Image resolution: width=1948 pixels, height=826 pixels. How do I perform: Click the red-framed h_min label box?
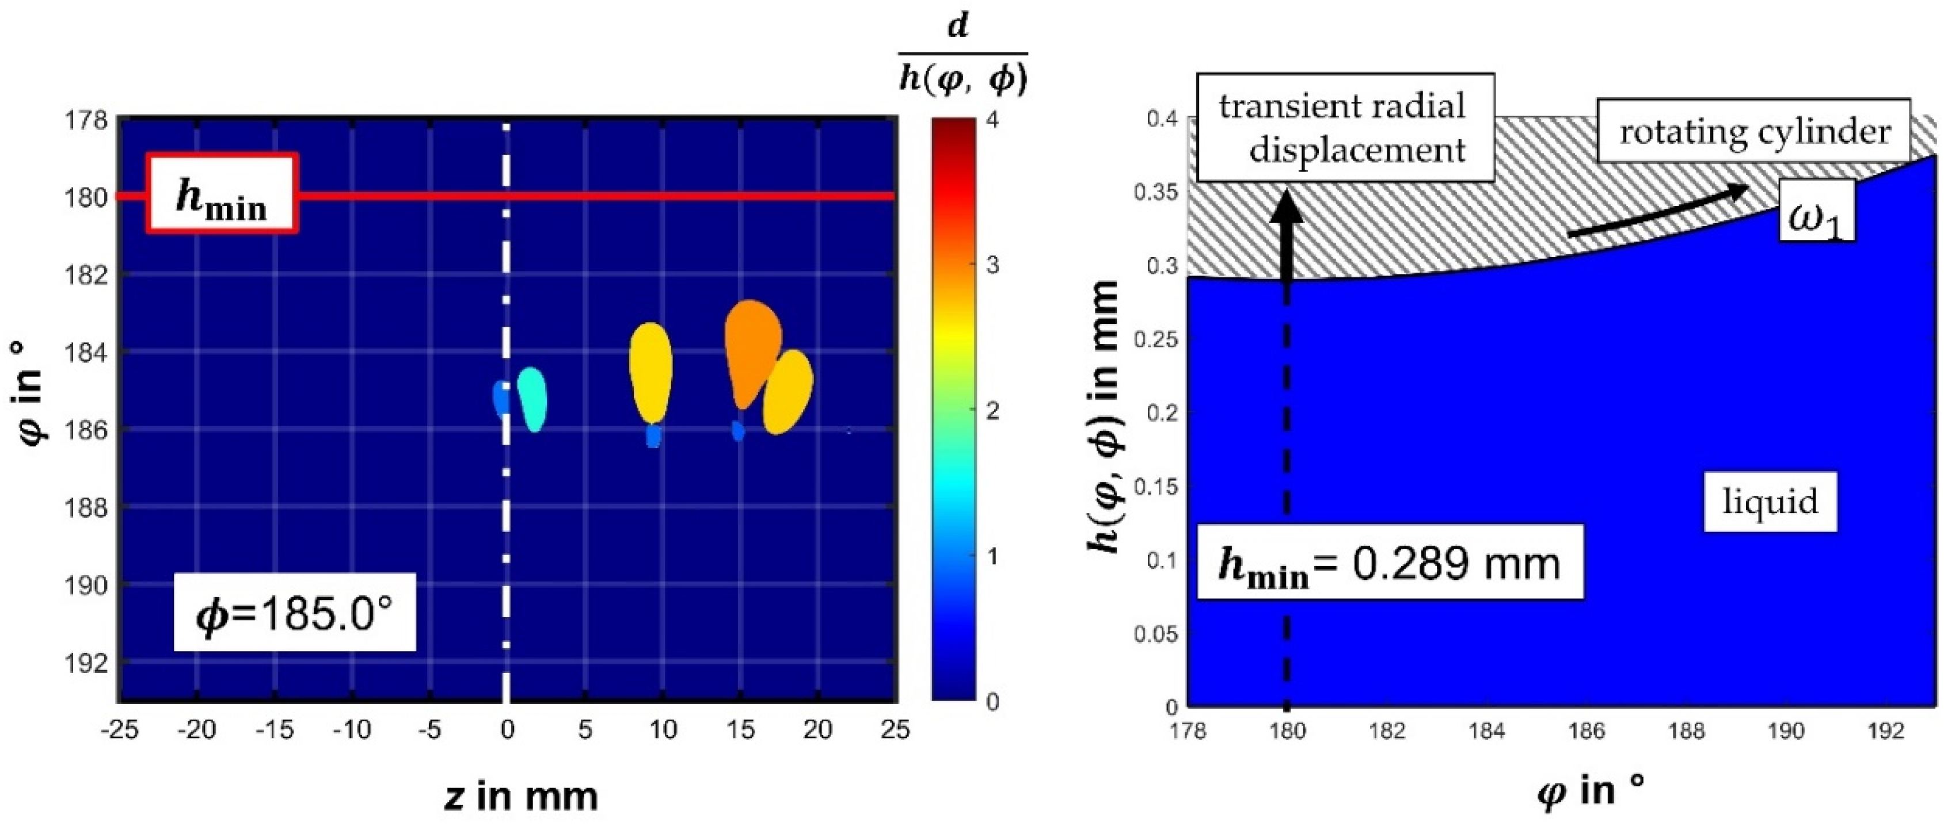point(222,193)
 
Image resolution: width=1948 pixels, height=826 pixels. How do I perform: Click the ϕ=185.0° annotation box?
point(295,611)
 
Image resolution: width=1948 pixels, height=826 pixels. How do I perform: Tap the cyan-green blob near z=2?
point(532,398)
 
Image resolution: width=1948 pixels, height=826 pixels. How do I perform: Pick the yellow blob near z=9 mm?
point(650,372)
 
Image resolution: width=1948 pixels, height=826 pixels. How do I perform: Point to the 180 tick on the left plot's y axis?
point(89,197)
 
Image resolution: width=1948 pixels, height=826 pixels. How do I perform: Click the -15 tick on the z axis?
point(275,729)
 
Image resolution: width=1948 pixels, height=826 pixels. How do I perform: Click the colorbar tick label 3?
point(991,265)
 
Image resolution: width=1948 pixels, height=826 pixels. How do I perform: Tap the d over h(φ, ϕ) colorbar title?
point(962,59)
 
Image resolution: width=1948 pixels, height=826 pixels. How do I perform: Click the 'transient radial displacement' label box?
point(1345,128)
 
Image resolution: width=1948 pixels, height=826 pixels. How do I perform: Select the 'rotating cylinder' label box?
point(1753,131)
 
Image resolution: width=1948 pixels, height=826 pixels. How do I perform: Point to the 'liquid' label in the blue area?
point(1770,502)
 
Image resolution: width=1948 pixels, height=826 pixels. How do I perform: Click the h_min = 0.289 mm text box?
point(1390,562)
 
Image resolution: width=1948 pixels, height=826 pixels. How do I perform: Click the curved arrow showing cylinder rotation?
point(1656,212)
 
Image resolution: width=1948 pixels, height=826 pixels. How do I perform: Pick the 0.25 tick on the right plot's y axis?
point(1155,340)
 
